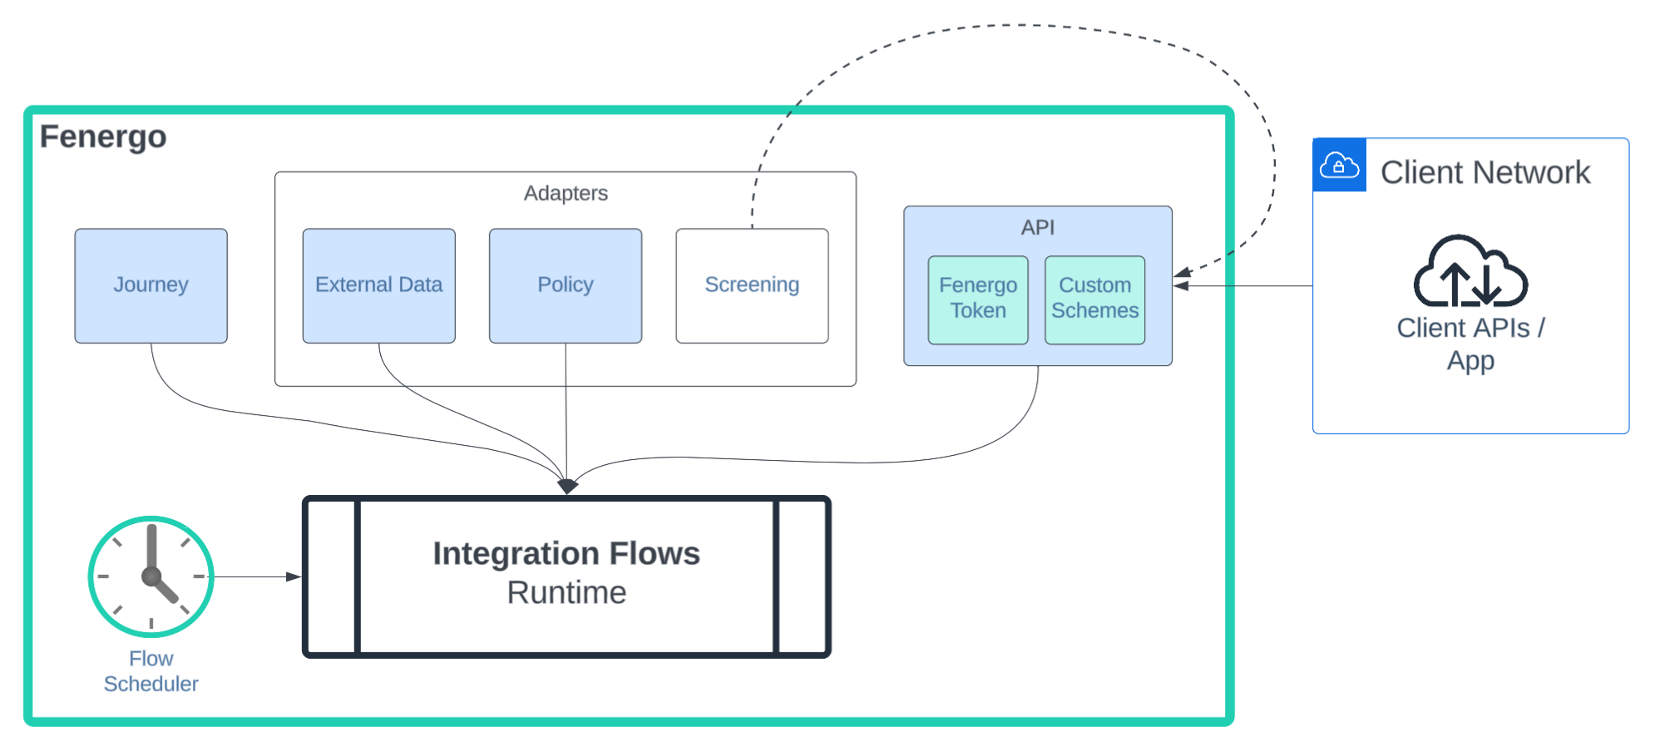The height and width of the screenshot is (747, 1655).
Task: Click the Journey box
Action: click(x=151, y=285)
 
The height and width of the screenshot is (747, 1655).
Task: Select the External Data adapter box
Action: click(x=378, y=285)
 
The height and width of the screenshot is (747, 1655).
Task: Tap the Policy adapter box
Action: click(x=565, y=285)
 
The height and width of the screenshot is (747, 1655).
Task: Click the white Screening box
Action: click(x=752, y=285)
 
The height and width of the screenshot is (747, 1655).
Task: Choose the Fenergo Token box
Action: click(x=977, y=299)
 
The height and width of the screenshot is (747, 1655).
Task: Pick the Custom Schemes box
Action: click(x=1094, y=299)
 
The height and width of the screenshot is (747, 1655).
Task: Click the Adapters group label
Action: click(x=566, y=193)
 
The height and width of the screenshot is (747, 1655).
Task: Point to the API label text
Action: click(x=1037, y=227)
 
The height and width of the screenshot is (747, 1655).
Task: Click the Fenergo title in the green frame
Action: click(x=103, y=136)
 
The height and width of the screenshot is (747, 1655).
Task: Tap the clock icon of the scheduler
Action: click(x=151, y=576)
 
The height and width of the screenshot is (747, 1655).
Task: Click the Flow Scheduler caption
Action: click(x=151, y=671)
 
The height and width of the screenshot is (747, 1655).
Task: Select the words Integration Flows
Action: click(x=566, y=554)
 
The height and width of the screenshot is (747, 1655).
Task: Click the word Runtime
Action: click(x=566, y=593)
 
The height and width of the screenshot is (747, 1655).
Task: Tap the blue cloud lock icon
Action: click(x=1339, y=165)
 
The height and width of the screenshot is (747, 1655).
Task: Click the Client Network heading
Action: click(x=1485, y=173)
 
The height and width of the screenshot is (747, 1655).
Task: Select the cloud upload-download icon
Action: click(x=1470, y=272)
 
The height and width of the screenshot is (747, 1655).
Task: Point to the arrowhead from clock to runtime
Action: click(x=294, y=576)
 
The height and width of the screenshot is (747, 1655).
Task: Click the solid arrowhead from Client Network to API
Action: click(x=1182, y=286)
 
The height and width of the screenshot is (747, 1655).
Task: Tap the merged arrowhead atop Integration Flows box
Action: click(x=567, y=487)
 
